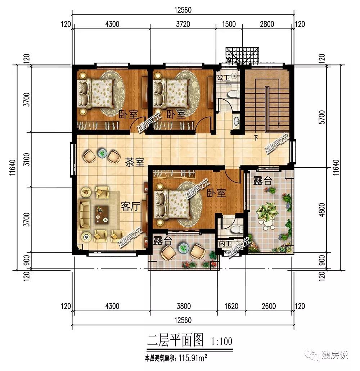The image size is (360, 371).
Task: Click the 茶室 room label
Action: click(x=135, y=163)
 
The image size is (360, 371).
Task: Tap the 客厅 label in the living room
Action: click(x=130, y=206)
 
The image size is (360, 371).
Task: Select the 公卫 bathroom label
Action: click(x=224, y=77)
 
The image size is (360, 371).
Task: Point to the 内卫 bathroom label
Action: click(x=226, y=244)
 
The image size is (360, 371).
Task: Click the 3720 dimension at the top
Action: click(x=183, y=24)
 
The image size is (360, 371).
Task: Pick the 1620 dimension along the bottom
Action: click(x=231, y=306)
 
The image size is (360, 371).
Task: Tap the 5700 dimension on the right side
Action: click(x=322, y=117)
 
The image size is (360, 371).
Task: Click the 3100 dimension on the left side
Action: click(x=27, y=159)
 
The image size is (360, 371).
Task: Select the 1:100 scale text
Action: click(x=221, y=341)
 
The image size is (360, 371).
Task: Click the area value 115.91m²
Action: click(x=193, y=358)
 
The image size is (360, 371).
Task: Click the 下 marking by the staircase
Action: click(x=256, y=137)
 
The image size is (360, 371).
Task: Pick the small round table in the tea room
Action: click(x=102, y=154)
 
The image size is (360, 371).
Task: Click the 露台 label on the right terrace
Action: click(x=263, y=181)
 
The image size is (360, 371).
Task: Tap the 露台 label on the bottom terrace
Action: click(x=163, y=241)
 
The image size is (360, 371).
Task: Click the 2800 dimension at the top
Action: click(x=267, y=24)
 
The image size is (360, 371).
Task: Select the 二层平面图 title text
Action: click(x=175, y=340)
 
